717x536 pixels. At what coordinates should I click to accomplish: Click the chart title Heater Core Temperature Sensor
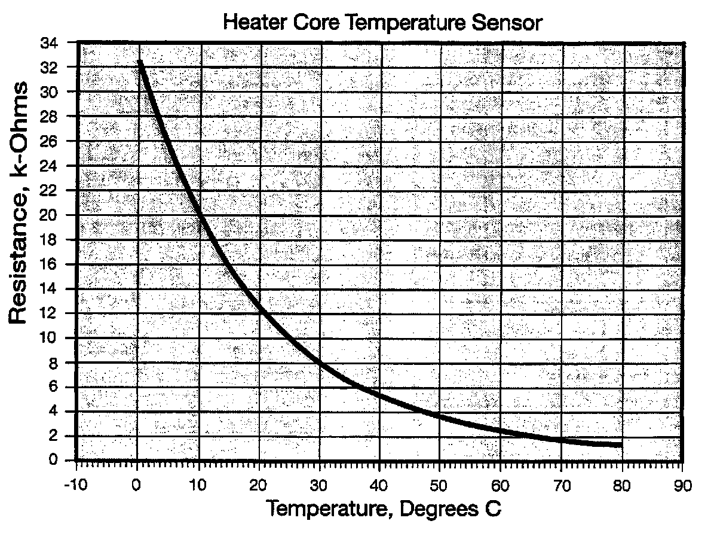click(x=382, y=24)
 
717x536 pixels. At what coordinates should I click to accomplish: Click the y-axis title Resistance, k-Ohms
click(x=20, y=203)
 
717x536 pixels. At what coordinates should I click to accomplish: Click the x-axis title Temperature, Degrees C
click(x=384, y=509)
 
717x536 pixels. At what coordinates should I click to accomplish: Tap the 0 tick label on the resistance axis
click(x=53, y=461)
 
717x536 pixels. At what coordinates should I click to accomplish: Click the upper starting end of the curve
click(x=140, y=61)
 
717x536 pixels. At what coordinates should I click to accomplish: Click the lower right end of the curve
click(x=621, y=444)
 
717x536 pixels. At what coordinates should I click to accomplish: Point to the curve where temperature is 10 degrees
click(x=198, y=215)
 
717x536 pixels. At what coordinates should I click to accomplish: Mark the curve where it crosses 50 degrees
click(x=440, y=415)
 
